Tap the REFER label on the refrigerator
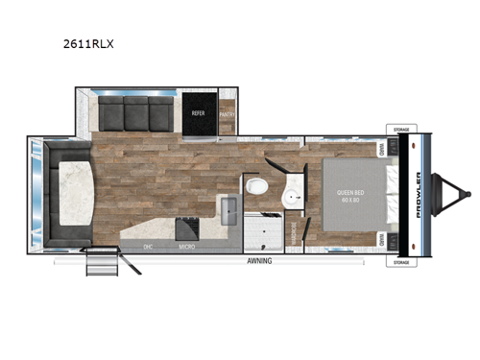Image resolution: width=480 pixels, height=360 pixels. pyautogui.click(x=199, y=112)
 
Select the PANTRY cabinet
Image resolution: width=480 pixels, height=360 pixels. pyautogui.click(x=227, y=112)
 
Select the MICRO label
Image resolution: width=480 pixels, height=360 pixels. pyautogui.click(x=189, y=248)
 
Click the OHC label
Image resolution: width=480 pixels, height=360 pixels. pyautogui.click(x=148, y=248)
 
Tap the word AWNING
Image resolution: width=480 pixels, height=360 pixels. pyautogui.click(x=258, y=261)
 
